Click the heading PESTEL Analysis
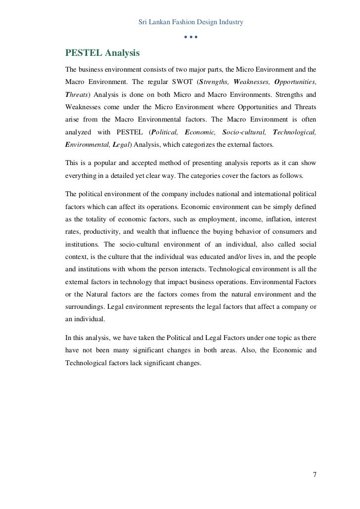pos(103,52)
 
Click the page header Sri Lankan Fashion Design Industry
pos(191,22)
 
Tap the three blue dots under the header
pos(191,38)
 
